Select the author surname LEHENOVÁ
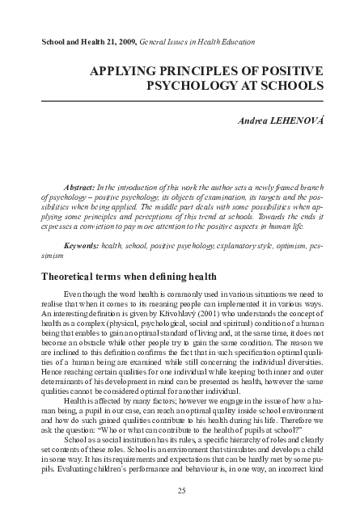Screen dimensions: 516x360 point(290,121)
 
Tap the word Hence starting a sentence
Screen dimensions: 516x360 point(50,365)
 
